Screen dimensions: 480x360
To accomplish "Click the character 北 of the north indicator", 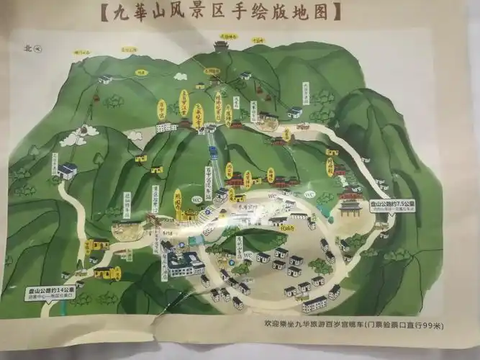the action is coord(28,49).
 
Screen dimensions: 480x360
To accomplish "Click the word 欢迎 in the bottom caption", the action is coord(272,326).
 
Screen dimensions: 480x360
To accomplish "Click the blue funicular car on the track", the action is coord(213,152).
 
